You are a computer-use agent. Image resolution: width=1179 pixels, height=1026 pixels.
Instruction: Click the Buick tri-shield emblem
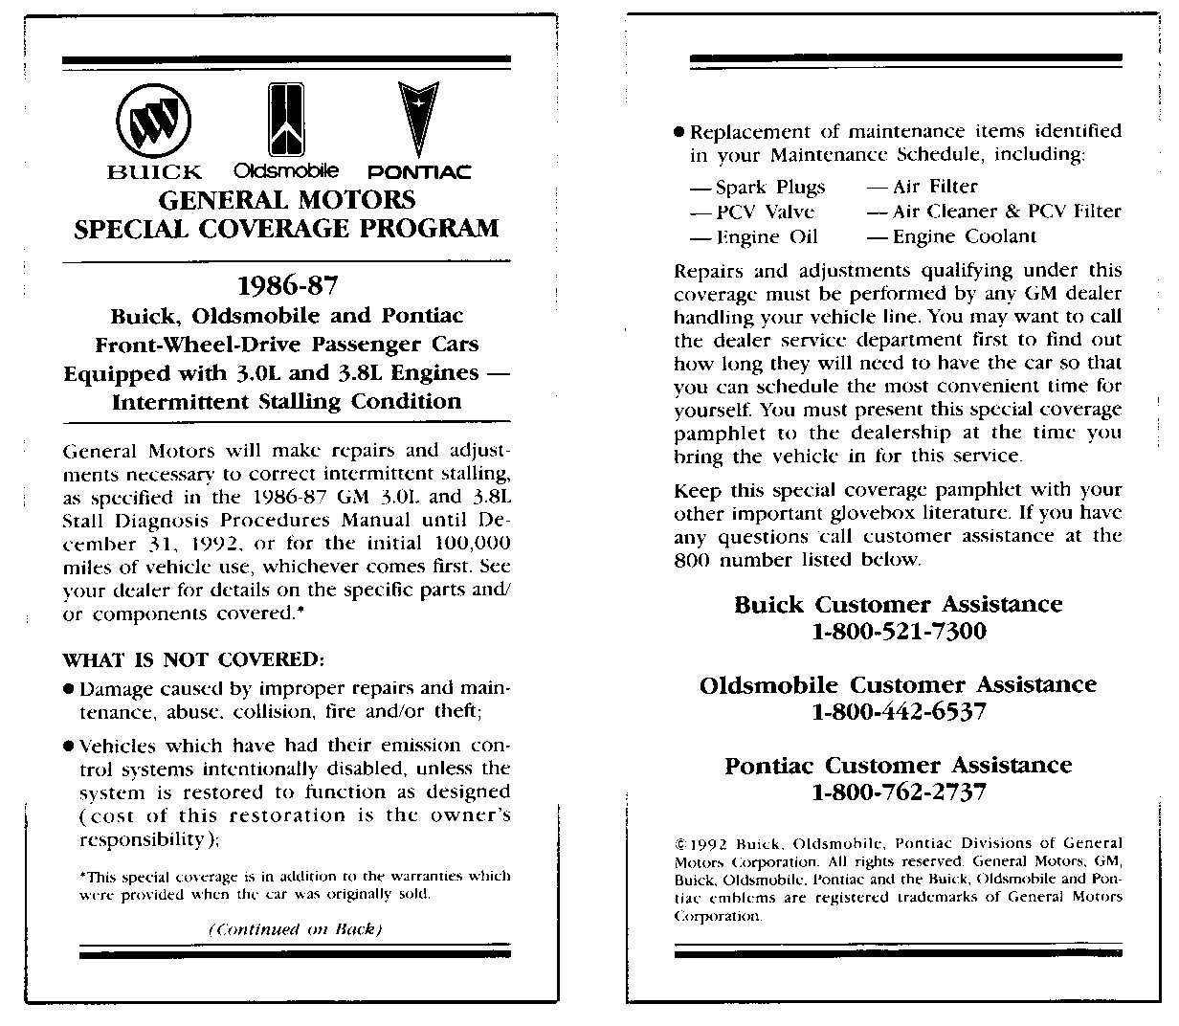click(x=153, y=122)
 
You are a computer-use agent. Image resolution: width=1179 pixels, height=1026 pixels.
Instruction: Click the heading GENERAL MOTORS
click(x=287, y=200)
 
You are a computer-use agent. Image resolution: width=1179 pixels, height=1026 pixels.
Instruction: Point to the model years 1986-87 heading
click(x=287, y=286)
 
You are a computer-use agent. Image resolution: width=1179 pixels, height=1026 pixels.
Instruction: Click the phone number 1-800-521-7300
click(x=899, y=632)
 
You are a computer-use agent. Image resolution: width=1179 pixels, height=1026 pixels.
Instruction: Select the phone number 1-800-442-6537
click(x=899, y=712)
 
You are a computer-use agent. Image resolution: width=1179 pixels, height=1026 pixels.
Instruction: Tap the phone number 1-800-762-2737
click(x=899, y=792)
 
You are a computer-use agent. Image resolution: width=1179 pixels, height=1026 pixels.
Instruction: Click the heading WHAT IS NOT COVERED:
click(x=193, y=660)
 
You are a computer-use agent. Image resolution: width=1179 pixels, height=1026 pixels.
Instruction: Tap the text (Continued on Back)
click(x=295, y=929)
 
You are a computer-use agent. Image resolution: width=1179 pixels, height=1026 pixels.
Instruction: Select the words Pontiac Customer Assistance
click(x=898, y=766)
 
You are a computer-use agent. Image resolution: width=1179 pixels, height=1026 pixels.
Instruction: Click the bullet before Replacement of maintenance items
click(x=679, y=132)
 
